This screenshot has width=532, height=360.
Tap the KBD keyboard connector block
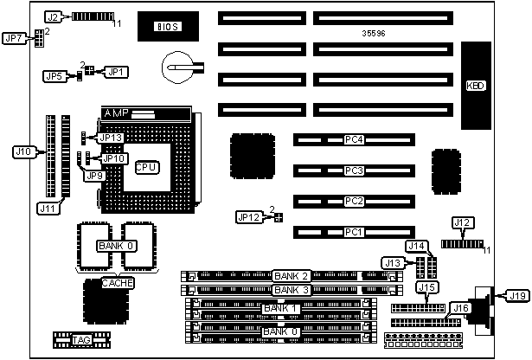(x=476, y=86)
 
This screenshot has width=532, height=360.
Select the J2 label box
(x=54, y=16)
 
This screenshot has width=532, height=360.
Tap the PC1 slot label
(x=353, y=232)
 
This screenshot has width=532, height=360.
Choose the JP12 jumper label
(x=248, y=216)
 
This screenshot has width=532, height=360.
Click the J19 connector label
(x=517, y=297)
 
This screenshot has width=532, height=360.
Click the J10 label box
(x=24, y=151)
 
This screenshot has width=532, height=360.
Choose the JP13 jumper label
(x=112, y=138)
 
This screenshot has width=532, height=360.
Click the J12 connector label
(x=459, y=222)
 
